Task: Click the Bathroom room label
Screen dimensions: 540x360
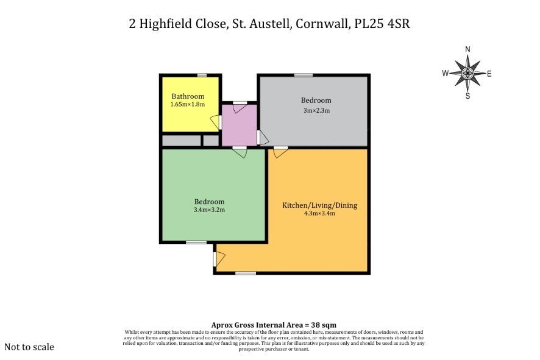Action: [x=188, y=96]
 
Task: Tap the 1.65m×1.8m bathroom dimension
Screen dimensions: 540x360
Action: [x=188, y=104]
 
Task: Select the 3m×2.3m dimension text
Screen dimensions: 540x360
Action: [x=316, y=110]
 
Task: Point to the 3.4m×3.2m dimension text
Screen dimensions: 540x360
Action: [x=209, y=210]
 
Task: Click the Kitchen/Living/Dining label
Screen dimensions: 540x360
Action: [x=319, y=205]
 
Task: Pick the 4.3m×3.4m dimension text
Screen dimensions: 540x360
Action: [x=319, y=213]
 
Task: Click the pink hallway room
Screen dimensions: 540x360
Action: [x=239, y=125]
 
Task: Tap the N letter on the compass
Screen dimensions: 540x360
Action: [x=467, y=49]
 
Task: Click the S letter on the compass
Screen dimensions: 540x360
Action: [x=467, y=96]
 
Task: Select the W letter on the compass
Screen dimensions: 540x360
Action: [x=446, y=73]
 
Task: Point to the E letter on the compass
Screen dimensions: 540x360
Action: [x=489, y=74]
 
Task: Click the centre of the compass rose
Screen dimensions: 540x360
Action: [x=467, y=73]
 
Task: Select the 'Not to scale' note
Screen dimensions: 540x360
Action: [x=29, y=347]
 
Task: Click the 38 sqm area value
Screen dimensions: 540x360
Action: [x=324, y=325]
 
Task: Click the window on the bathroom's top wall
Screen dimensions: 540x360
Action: [x=202, y=76]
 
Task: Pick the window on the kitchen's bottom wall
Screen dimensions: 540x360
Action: [x=246, y=274]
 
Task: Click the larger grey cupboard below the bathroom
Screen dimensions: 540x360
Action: [x=181, y=141]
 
